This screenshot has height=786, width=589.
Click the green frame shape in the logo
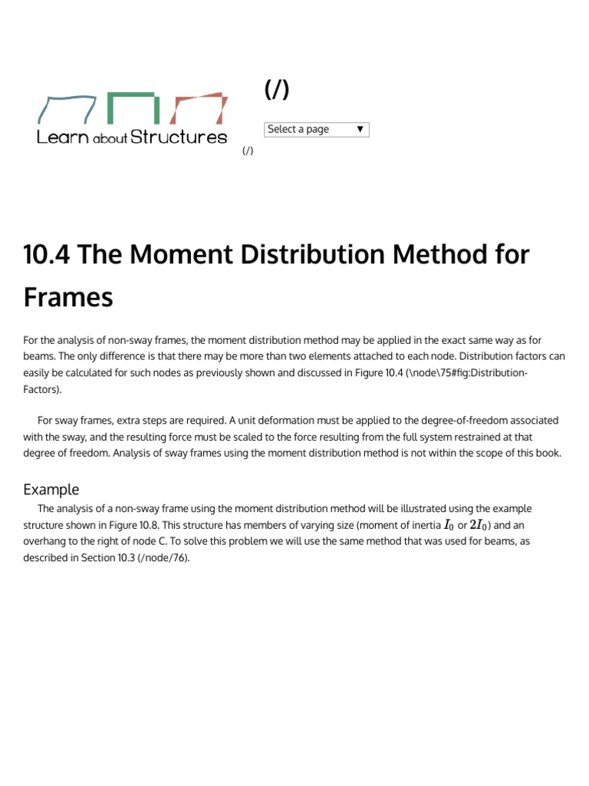[x=133, y=107]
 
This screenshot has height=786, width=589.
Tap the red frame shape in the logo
[x=199, y=108]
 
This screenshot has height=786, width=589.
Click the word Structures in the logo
[x=179, y=137]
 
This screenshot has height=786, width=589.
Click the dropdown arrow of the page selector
[x=360, y=130]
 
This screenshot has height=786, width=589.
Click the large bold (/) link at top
[x=277, y=90]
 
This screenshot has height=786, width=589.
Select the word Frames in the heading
[x=68, y=297]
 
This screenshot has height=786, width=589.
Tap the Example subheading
[x=51, y=489]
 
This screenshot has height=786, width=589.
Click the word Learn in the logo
[x=63, y=137]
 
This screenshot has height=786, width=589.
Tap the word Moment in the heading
[x=176, y=254]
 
